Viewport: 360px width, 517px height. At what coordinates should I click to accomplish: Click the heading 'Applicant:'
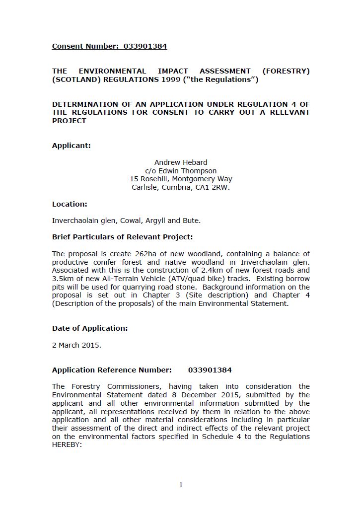point(72,146)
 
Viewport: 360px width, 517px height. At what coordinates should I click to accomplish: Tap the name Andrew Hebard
point(181,162)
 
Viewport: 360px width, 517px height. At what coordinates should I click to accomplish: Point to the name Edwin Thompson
point(188,171)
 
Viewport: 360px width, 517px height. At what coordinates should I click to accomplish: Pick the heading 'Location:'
point(70,204)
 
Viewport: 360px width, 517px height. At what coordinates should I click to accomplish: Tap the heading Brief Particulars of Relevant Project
point(122,237)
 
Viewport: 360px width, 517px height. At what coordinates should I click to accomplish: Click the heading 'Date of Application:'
point(90,328)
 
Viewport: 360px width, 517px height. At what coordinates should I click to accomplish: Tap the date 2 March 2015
point(76,345)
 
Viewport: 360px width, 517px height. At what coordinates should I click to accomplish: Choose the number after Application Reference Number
point(210,370)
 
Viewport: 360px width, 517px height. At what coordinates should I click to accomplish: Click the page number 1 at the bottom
point(181,485)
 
